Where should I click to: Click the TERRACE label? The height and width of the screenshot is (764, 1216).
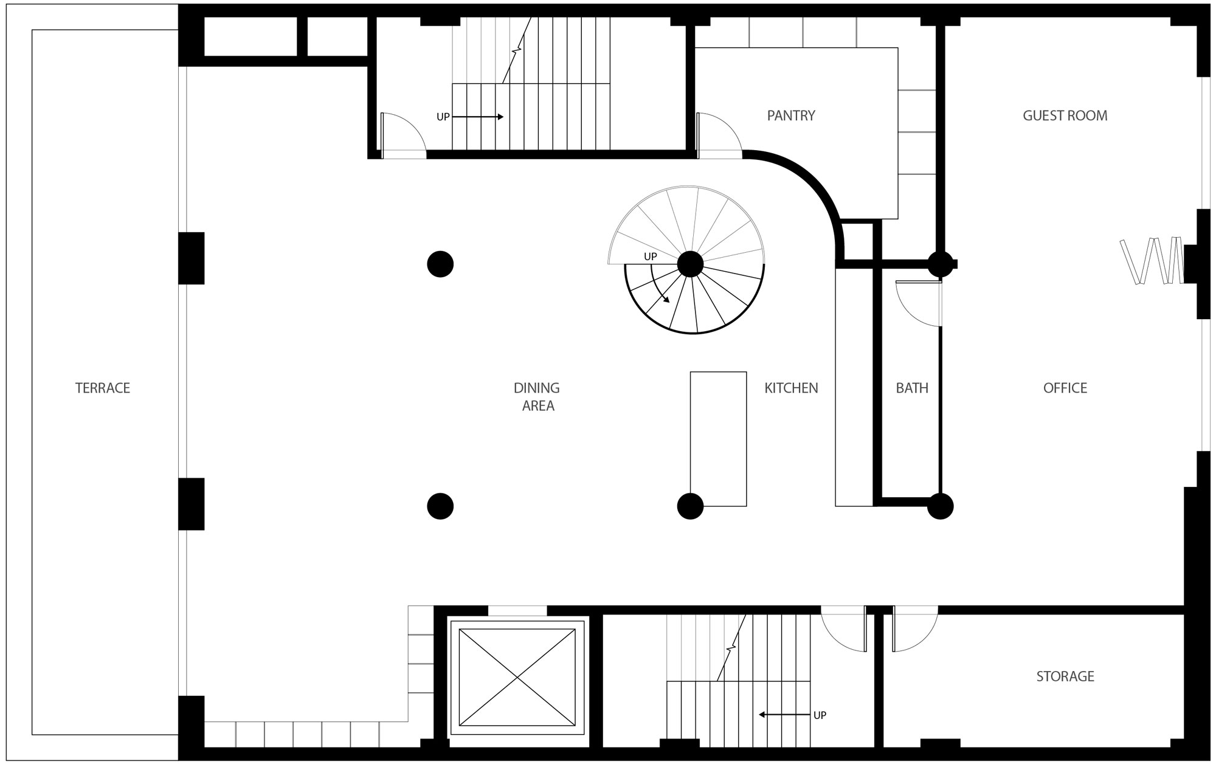(x=103, y=388)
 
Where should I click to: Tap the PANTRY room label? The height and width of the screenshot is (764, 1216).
(x=791, y=115)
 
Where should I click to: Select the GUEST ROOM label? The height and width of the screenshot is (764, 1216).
(x=1065, y=115)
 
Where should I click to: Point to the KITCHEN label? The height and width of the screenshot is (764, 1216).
(x=791, y=388)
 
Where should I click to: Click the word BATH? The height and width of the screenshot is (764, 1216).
(x=912, y=388)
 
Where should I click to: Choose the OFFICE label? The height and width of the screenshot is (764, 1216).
(x=1065, y=388)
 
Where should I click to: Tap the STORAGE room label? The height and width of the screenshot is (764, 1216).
(x=1065, y=676)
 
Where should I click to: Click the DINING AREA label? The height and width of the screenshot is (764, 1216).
(x=537, y=397)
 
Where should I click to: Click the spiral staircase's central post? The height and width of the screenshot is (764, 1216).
(x=690, y=264)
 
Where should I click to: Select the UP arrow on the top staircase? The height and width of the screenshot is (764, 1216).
(x=478, y=117)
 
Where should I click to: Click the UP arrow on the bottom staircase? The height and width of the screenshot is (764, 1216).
(x=784, y=715)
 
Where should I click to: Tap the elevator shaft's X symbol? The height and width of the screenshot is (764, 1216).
(x=517, y=677)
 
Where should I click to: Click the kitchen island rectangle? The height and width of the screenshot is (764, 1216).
(x=718, y=439)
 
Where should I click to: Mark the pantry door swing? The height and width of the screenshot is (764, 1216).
(x=719, y=136)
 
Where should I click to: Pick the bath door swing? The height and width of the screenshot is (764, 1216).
(x=919, y=304)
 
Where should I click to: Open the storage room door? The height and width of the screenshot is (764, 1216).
(x=915, y=629)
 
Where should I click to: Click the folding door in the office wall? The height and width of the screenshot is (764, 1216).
(x=1152, y=261)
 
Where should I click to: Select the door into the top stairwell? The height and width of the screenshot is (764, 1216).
(x=403, y=136)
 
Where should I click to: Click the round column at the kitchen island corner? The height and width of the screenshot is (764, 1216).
(x=690, y=506)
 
